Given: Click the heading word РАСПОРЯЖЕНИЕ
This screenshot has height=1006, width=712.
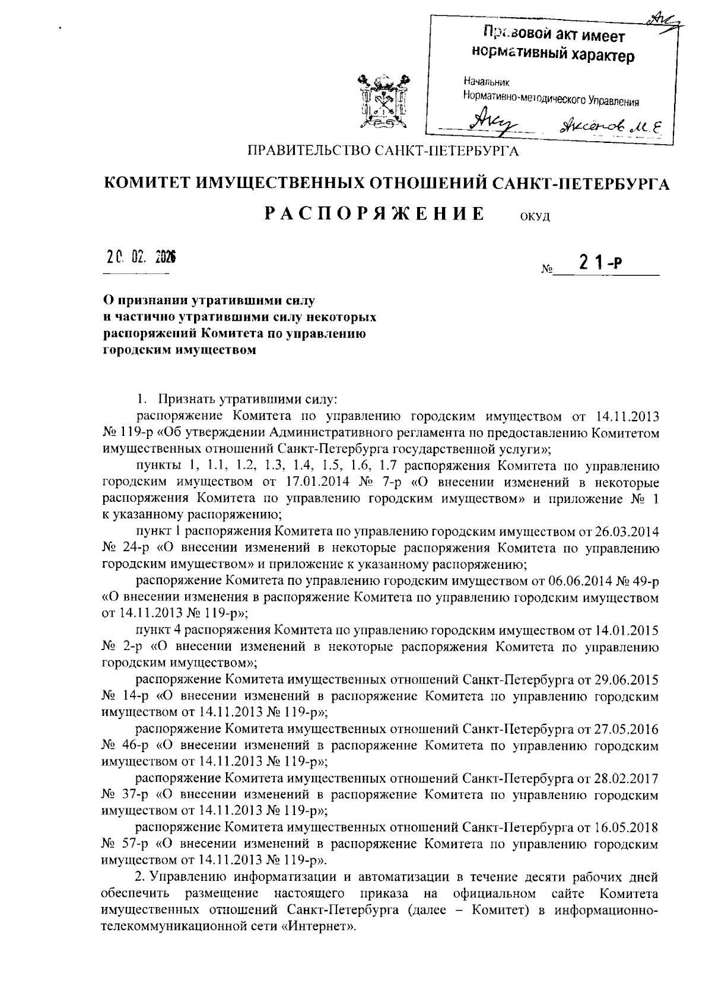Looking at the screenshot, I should (x=374, y=214).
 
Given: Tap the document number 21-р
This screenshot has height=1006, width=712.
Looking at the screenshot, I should (x=599, y=265).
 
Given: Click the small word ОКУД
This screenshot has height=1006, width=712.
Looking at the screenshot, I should (x=535, y=217).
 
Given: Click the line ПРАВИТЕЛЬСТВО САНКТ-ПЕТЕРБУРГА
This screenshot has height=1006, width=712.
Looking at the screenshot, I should (x=383, y=152).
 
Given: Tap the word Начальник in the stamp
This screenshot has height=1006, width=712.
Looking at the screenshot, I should (x=485, y=82).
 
